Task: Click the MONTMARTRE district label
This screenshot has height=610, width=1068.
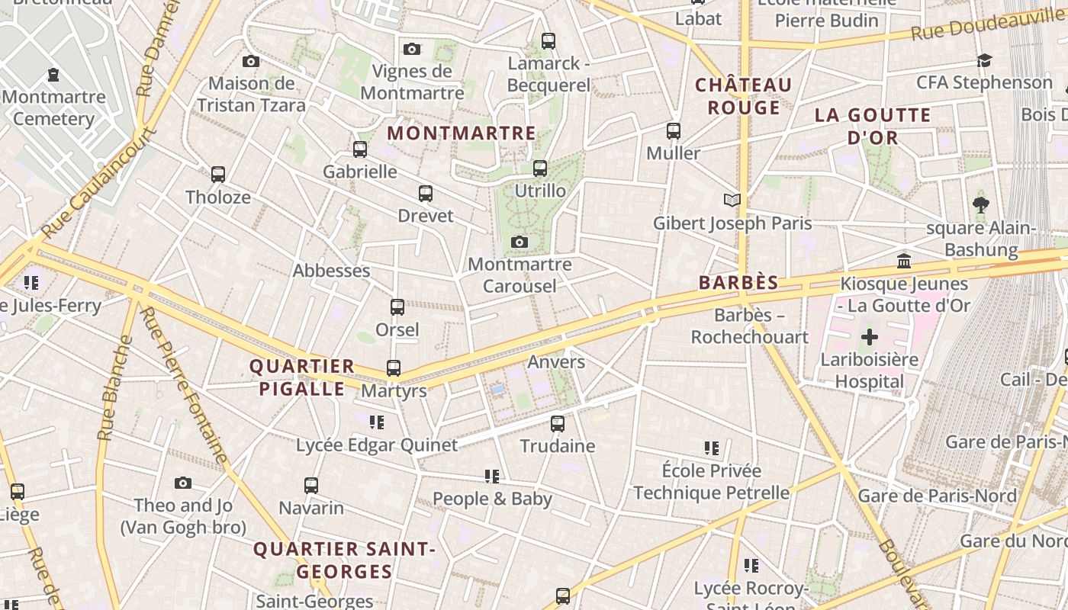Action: click(462, 133)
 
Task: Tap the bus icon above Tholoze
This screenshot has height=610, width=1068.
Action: click(218, 175)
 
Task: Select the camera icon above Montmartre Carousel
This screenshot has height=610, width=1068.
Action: click(520, 242)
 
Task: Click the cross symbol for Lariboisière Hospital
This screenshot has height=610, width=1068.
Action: click(869, 337)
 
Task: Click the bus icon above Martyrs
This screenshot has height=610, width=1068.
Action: click(394, 368)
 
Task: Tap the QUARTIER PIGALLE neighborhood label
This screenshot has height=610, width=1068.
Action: click(302, 377)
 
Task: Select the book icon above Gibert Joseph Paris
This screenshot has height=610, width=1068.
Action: click(732, 201)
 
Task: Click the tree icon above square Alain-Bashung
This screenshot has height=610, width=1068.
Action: click(981, 205)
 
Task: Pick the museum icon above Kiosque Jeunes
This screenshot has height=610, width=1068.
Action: click(904, 261)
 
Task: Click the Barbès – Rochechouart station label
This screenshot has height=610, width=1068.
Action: click(749, 326)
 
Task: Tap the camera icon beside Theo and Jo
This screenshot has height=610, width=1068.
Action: click(182, 483)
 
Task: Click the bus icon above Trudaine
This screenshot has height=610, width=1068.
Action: click(558, 423)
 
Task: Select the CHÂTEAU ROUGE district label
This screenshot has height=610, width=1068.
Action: click(743, 95)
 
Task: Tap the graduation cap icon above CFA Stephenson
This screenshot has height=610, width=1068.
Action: click(984, 60)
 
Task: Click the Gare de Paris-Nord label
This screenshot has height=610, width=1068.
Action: click(937, 496)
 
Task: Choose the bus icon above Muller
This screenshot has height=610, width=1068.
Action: click(673, 130)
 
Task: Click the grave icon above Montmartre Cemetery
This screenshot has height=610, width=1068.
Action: click(53, 75)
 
